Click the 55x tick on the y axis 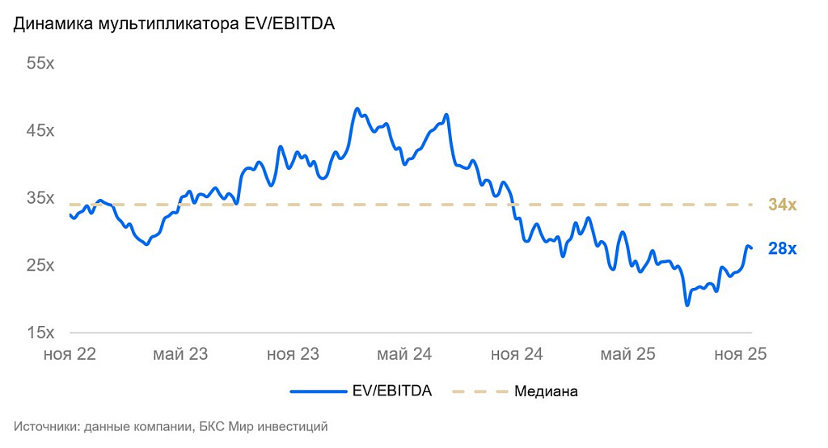[40, 64]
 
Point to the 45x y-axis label [40, 131]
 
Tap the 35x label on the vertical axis [40, 198]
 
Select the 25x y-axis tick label [40, 265]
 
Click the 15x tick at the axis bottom [40, 332]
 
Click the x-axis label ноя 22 [70, 354]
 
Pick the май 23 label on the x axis [182, 354]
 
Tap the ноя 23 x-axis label [293, 354]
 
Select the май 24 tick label [404, 354]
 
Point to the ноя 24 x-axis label [516, 354]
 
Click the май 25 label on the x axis [627, 354]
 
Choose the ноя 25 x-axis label [739, 354]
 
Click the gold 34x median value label [782, 205]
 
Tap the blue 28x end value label [782, 249]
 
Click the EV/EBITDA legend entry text [393, 391]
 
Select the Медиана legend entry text [546, 391]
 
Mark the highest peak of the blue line [357, 108]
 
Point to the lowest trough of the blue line [687, 305]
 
